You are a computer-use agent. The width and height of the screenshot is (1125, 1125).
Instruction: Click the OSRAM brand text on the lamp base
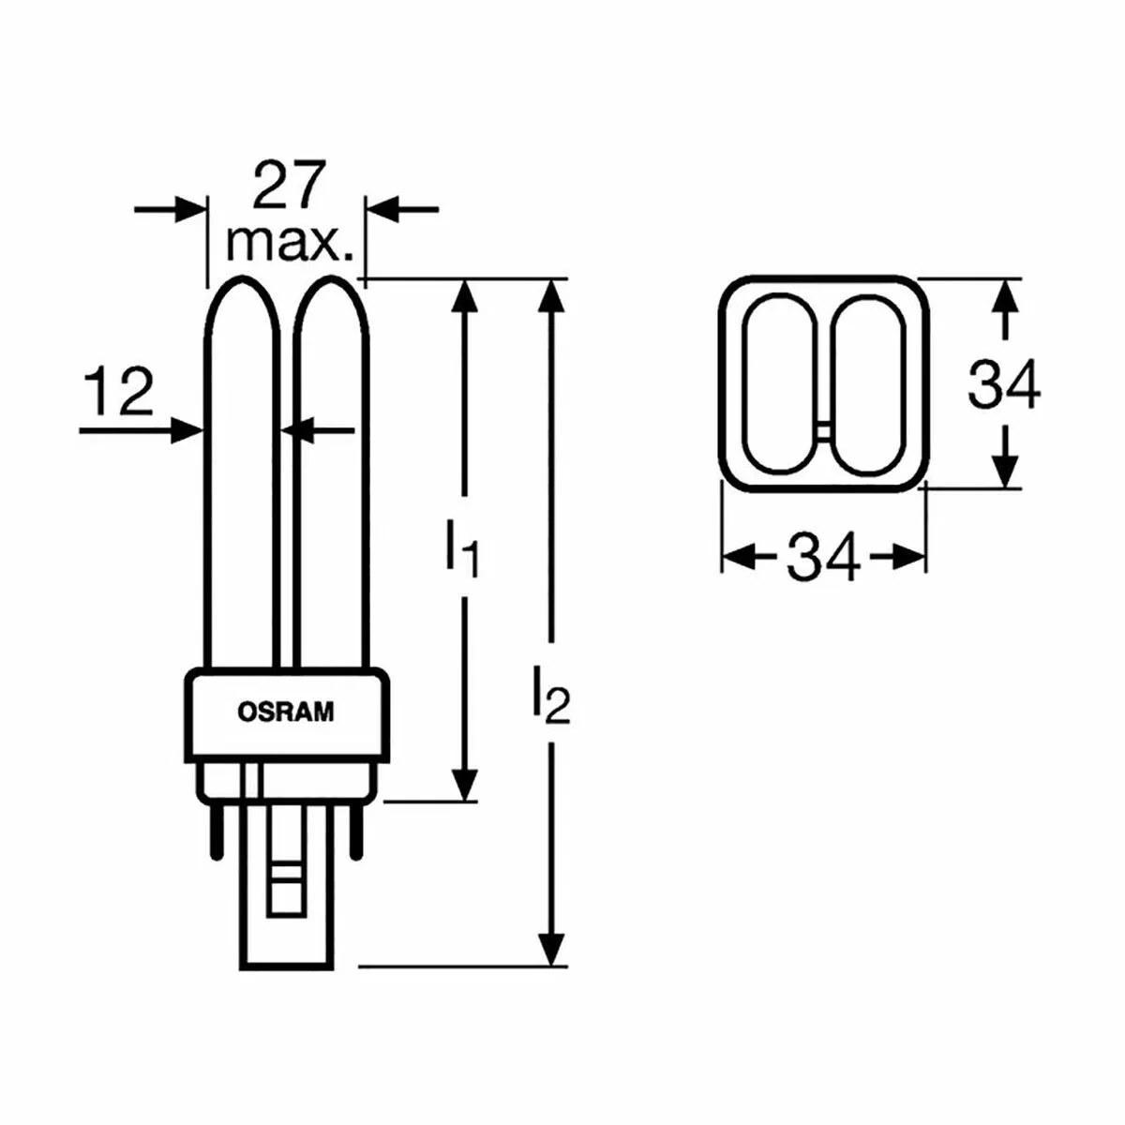[x=286, y=712]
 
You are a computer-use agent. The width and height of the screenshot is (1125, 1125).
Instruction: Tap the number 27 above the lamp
[x=288, y=184]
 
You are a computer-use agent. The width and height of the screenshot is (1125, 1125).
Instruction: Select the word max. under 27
[x=290, y=244]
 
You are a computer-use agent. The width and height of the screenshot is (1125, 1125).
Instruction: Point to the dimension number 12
[x=118, y=391]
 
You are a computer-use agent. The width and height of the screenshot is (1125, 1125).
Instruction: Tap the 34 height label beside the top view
[x=1003, y=383]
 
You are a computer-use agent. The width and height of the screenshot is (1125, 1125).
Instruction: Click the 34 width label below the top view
[x=824, y=556]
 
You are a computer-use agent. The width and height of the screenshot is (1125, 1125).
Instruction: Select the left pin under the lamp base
[x=217, y=829]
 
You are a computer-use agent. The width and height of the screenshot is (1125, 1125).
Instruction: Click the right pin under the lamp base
[x=356, y=829]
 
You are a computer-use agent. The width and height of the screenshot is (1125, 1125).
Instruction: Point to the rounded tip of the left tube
[x=241, y=280]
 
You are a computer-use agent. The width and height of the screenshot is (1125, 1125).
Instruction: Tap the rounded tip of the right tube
[x=331, y=280]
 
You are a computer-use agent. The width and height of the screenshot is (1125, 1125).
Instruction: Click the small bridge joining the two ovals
[x=823, y=431]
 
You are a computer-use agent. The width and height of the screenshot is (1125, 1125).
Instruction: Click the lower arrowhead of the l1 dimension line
[x=465, y=783]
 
